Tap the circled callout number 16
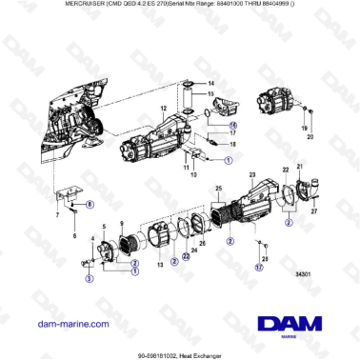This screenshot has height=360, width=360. click(233, 124)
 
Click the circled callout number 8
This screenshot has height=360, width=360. click(90, 204)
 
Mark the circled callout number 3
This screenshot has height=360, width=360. click(89, 280)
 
